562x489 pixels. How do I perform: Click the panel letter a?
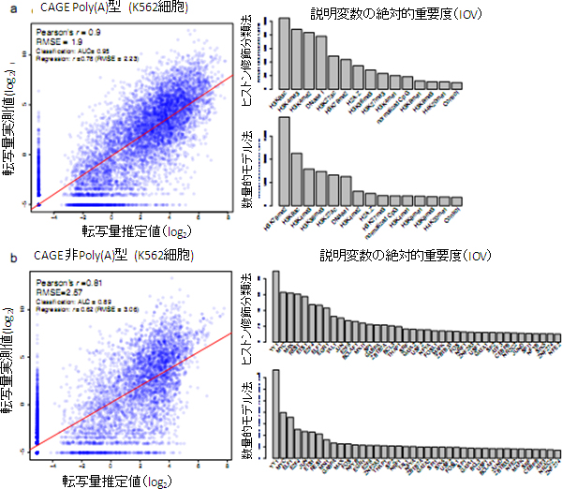(8, 8)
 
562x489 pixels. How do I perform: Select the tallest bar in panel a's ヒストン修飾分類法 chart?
(283, 52)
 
